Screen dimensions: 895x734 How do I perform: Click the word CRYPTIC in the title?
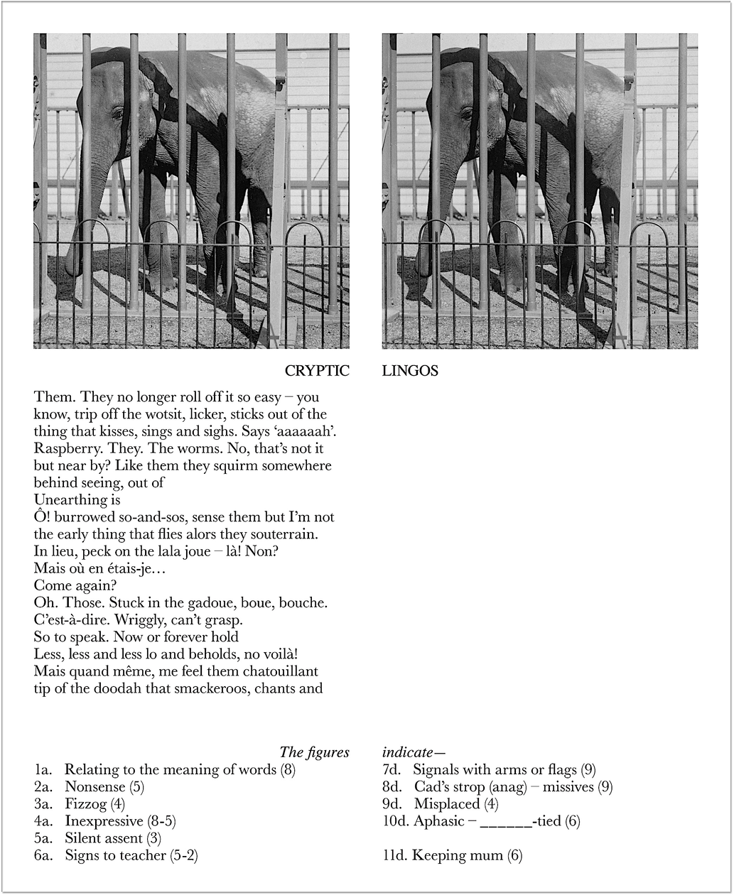tap(317, 371)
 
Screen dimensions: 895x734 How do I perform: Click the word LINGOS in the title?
tap(410, 371)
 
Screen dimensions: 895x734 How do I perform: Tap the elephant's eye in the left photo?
tap(118, 113)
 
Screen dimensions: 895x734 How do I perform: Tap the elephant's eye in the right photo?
tap(467, 113)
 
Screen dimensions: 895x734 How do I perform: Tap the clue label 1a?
tap(43, 770)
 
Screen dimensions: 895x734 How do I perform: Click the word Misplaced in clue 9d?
tap(446, 804)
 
